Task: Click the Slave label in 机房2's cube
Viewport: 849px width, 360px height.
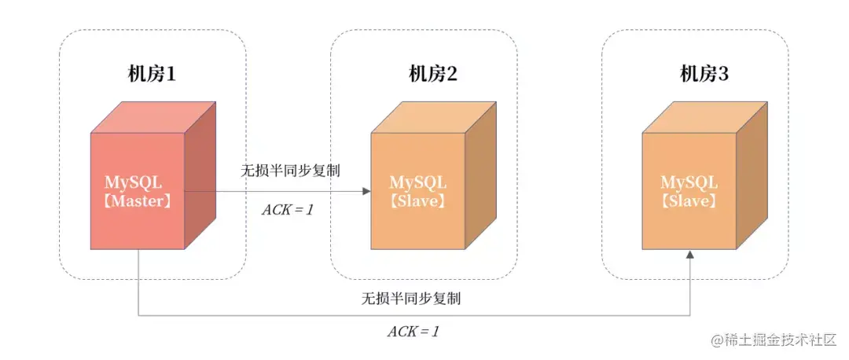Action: coord(418,201)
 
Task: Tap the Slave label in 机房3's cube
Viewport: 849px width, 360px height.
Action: coord(689,201)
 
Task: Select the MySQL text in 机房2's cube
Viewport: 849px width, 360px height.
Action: coord(418,182)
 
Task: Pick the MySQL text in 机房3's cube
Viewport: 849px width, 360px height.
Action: coord(689,182)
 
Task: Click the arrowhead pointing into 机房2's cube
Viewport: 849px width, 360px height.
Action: coord(366,191)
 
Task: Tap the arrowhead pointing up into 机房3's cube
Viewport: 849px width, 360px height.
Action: coord(690,255)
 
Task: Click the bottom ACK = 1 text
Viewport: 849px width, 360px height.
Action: coord(413,331)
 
